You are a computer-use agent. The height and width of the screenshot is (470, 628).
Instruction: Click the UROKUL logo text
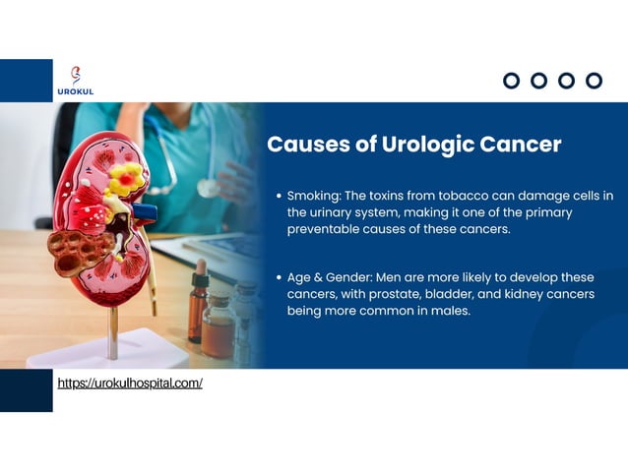coord(76,91)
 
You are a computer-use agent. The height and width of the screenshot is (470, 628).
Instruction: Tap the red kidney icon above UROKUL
coord(76,75)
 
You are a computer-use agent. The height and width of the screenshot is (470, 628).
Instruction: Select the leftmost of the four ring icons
coord(511,81)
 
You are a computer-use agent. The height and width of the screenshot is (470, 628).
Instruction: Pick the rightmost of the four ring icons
coord(594,81)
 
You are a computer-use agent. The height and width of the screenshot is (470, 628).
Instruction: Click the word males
coord(450,311)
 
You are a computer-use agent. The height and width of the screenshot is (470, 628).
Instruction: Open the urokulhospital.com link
coord(130,382)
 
